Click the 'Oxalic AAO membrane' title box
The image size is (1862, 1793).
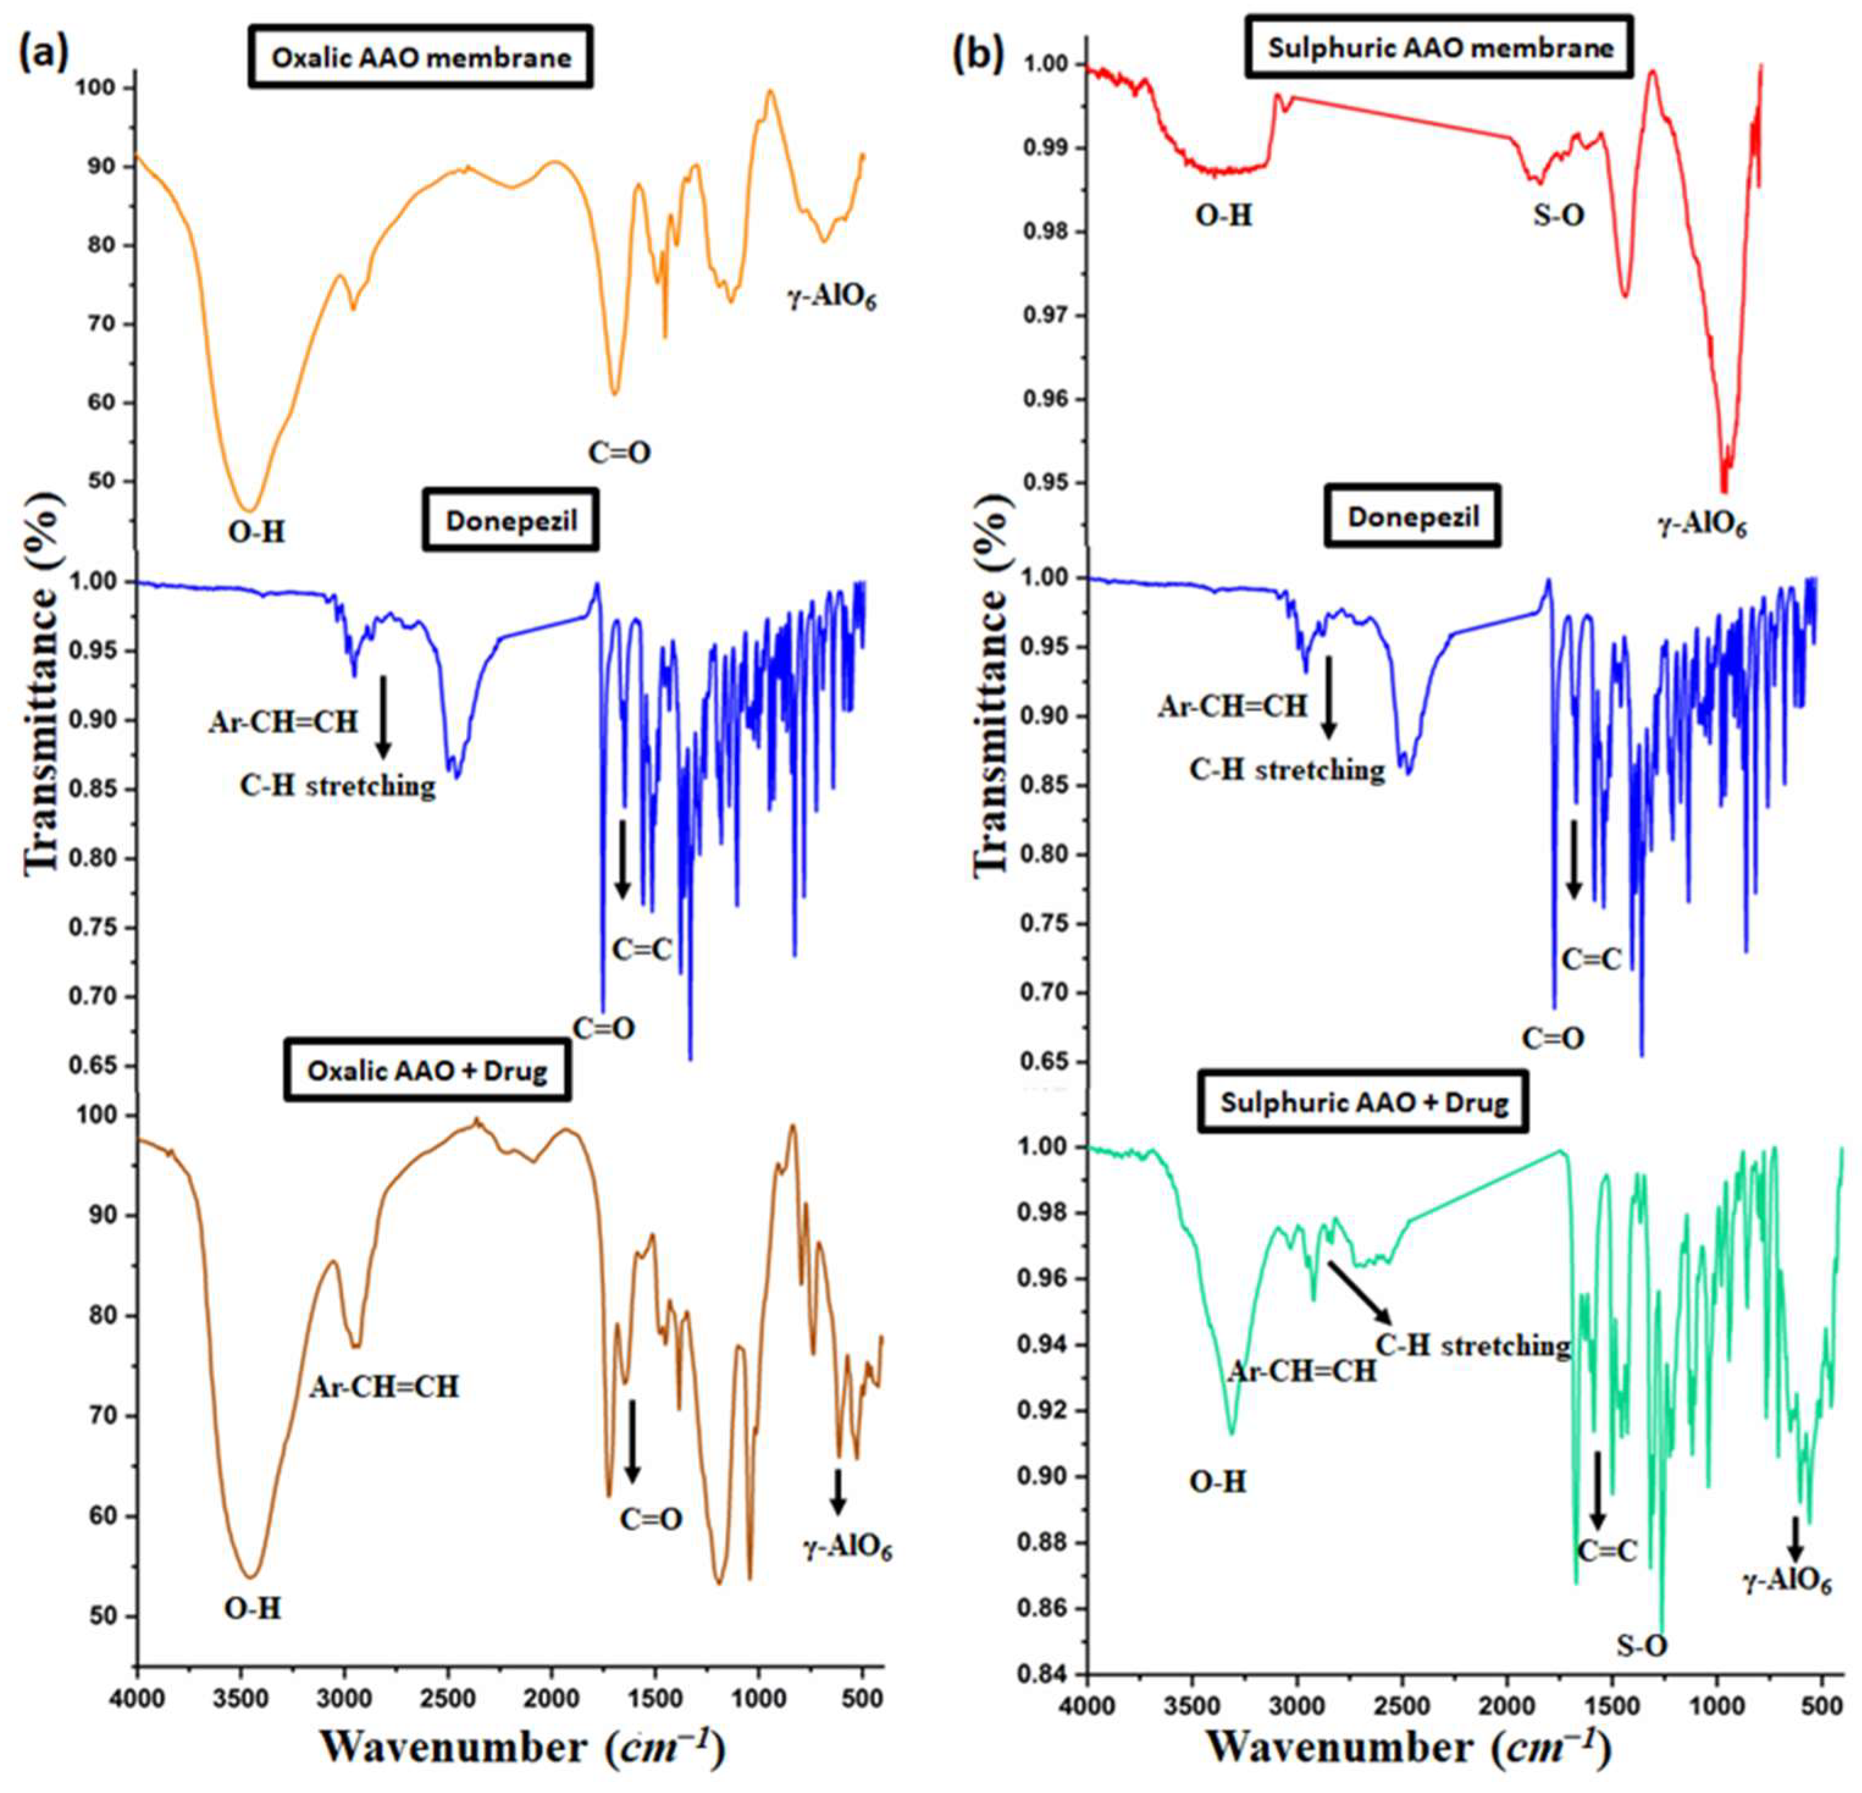tap(421, 58)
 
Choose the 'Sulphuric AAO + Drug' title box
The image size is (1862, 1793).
tap(1364, 1103)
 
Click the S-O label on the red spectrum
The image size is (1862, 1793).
tap(1559, 216)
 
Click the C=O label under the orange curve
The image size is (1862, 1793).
tap(619, 452)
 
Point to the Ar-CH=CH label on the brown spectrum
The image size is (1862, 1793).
tap(384, 1387)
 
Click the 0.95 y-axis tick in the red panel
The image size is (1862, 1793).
tap(1042, 483)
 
